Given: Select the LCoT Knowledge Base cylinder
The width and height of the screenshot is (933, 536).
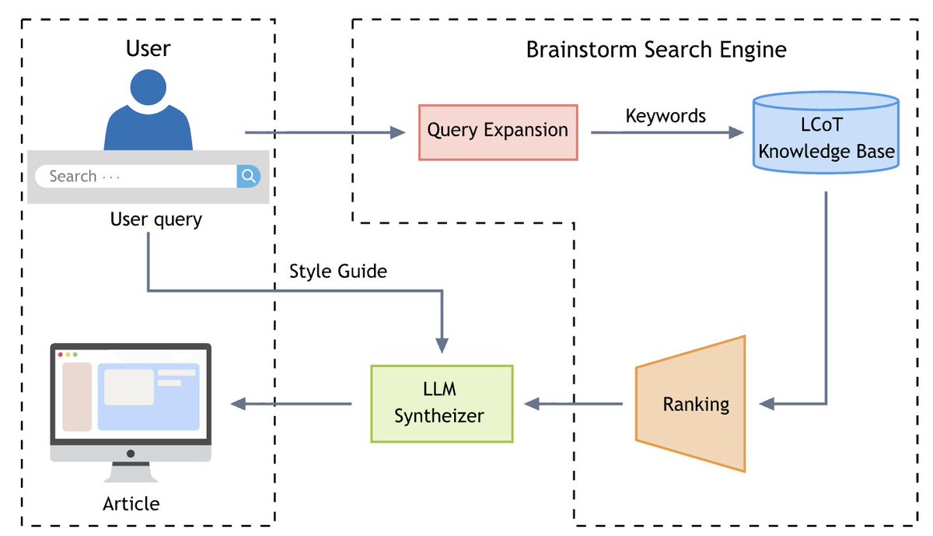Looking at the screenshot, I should [826, 132].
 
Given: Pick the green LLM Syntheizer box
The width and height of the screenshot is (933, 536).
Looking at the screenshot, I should [442, 404].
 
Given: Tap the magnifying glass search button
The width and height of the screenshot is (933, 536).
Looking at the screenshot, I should [249, 177].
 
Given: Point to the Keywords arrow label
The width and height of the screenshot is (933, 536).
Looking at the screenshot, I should [666, 116].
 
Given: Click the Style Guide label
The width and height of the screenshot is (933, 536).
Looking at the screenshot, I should [338, 272].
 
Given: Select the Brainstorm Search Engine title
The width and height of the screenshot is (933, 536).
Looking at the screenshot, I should [656, 51].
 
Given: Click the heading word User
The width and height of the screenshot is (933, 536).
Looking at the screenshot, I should [148, 49].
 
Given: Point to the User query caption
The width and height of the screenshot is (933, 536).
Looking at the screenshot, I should [155, 220].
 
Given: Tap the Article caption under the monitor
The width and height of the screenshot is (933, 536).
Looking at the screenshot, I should [131, 504].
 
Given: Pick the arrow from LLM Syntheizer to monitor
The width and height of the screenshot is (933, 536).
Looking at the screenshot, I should [292, 404].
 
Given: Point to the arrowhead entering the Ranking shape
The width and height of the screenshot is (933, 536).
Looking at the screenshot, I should [767, 404].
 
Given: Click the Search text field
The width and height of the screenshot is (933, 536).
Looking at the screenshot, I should [136, 177].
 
